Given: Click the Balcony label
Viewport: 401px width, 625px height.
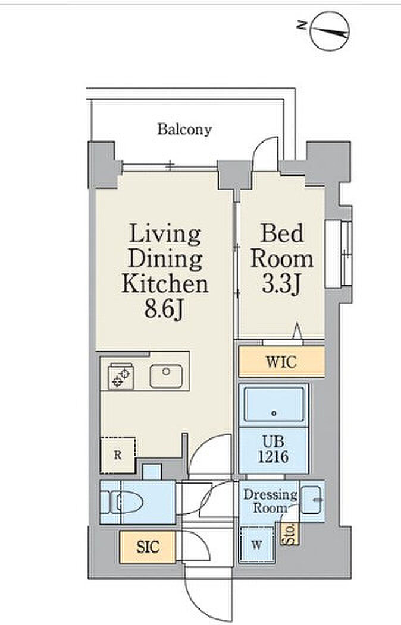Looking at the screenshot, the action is point(184,129).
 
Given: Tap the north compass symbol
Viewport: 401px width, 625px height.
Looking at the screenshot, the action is point(330,31).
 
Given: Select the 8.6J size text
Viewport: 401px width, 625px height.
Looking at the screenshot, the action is point(164,310).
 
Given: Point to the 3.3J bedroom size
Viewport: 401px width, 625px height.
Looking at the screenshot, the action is point(281,284).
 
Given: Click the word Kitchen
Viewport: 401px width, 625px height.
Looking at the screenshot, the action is point(165,283).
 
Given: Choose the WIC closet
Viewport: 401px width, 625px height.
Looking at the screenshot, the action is point(281,362).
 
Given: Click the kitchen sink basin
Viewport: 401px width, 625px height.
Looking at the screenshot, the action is point(166,376).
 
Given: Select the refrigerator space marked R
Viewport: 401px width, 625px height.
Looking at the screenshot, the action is point(118,455).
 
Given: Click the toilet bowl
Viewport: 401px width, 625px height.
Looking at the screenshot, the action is point(127,502).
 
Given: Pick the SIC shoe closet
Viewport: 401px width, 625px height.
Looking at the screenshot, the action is point(148,547).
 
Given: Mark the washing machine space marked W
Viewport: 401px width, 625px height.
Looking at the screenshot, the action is point(257,544).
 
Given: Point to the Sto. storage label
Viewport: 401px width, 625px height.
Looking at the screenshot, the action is point(290,534).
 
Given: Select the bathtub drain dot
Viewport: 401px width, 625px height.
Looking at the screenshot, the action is point(274,413).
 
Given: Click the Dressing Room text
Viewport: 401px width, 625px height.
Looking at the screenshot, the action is point(271,501).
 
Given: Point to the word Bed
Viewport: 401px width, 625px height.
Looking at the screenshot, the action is point(281,233).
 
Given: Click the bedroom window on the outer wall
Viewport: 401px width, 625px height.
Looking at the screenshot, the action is point(339,254).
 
